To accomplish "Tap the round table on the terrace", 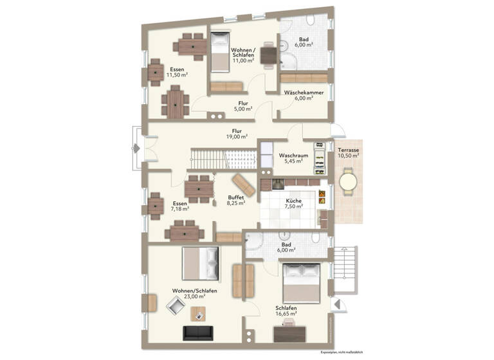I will point(347,182).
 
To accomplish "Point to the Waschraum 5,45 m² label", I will point(293,159).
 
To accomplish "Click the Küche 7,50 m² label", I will point(293,204).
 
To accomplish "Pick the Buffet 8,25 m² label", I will point(236,199).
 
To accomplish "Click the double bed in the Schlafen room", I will point(300,282).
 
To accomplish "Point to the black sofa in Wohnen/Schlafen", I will point(199,333).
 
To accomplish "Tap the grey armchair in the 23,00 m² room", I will point(176,306).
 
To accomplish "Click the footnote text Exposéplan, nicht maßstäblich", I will point(340,353).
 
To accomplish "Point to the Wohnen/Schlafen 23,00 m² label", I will point(193,294).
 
